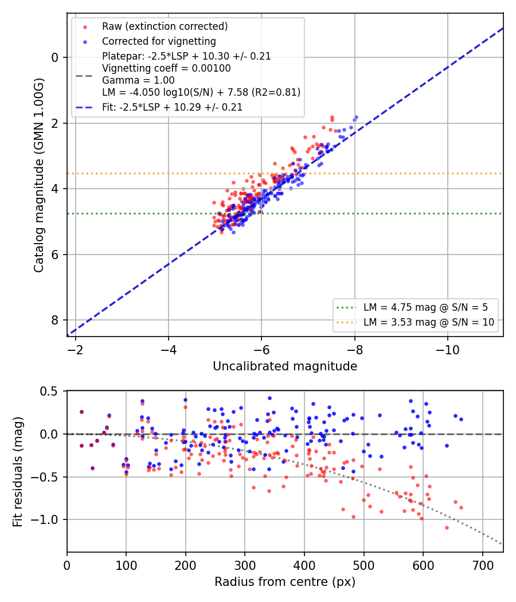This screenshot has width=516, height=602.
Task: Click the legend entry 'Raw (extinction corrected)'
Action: pos(165,26)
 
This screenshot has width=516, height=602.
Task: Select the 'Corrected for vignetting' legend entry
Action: pos(159,41)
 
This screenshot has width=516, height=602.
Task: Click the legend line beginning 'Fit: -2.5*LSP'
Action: pos(173,107)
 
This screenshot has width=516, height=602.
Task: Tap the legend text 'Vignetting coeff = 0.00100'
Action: pos(166,68)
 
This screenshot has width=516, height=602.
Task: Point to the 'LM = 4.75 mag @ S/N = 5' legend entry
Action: pos(426,307)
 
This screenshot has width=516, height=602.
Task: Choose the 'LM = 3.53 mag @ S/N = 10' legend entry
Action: pos(429,322)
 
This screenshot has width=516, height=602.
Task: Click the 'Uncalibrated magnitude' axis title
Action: pos(285,366)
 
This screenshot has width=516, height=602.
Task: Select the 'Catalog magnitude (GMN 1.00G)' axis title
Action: pos(38,175)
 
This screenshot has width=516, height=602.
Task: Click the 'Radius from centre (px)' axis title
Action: pos(285,582)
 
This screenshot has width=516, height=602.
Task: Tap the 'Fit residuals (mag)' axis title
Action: pos(18,471)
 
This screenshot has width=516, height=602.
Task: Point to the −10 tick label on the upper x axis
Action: pos(447,350)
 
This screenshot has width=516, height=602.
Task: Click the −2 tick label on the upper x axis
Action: pos(75,350)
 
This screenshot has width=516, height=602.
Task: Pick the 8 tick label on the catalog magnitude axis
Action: pos(55,320)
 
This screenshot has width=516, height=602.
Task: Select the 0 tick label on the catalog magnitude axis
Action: pos(55,57)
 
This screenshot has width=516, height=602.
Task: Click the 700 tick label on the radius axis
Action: pos(482,565)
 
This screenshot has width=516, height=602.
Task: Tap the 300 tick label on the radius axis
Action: pos(245,565)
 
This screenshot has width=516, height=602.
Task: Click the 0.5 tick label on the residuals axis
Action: pos(49,392)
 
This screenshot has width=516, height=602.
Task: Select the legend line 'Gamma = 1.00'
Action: pos(138,80)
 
